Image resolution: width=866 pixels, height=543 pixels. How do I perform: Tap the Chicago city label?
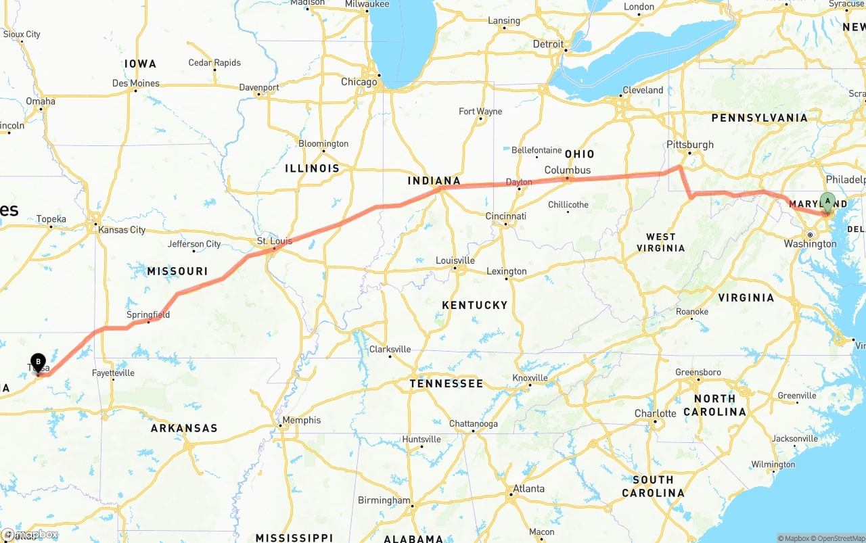click(359, 82)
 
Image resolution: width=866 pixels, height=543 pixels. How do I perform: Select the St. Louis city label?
click(275, 241)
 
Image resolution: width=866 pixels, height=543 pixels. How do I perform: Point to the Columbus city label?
click(567, 170)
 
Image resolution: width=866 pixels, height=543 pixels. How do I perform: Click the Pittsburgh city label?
click(689, 145)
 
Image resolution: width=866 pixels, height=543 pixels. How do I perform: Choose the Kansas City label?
click(122, 230)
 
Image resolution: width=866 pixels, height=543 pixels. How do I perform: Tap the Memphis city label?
click(301, 420)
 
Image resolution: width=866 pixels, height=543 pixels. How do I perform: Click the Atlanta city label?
click(528, 488)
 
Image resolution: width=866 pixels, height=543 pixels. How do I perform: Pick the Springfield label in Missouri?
click(148, 315)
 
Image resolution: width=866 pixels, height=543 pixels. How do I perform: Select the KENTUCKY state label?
click(474, 305)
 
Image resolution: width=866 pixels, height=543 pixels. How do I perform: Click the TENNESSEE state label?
click(447, 383)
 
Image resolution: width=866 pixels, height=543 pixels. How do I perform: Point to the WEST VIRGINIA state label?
click(660, 242)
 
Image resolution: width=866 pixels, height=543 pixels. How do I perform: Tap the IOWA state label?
click(140, 64)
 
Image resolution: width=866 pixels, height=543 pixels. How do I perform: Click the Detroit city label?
click(547, 44)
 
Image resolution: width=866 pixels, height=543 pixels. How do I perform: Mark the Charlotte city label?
click(655, 413)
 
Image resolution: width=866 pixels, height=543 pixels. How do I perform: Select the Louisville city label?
click(455, 260)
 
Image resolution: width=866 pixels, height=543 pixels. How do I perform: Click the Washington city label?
click(810, 243)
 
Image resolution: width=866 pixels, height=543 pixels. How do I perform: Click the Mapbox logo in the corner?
click(30, 535)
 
